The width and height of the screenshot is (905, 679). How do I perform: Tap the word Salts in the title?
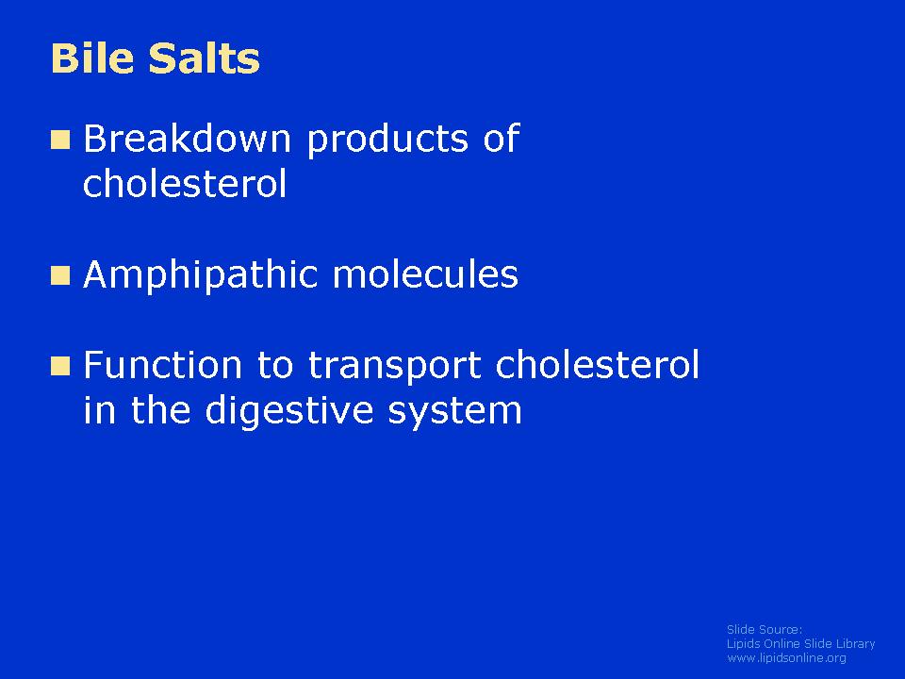(205, 58)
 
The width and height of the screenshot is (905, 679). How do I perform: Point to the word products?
(387, 141)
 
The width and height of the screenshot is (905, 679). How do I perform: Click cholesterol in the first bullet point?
(185, 184)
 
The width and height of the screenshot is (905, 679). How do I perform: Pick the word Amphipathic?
(200, 275)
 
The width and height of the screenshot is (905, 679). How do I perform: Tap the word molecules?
(425, 273)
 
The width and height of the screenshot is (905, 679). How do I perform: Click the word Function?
(162, 365)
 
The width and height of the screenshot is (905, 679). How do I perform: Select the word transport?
(394, 367)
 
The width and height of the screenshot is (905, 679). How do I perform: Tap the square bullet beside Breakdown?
(60, 140)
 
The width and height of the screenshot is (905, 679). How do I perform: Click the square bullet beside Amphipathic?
(60, 275)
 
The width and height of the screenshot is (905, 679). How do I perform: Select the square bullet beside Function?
(60, 366)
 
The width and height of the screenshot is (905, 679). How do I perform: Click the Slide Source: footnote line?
(765, 629)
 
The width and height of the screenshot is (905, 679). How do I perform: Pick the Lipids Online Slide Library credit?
(800, 644)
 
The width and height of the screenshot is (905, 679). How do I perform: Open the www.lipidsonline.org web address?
(786, 658)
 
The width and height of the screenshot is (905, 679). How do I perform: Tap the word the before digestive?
(160, 409)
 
